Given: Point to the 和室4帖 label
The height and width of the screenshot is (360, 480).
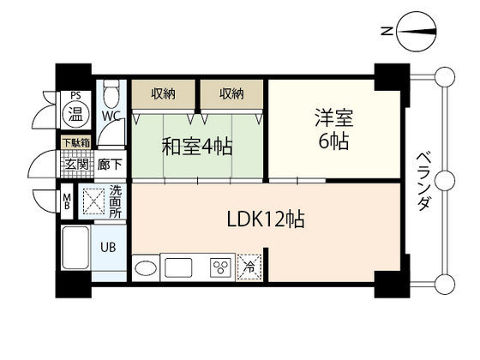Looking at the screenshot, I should pos(196,145).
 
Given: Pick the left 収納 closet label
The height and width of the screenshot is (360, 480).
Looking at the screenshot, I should pos(165,92).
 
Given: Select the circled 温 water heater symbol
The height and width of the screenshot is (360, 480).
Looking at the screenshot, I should pos(75,114).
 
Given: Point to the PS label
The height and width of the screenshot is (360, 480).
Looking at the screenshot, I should pos(75,96).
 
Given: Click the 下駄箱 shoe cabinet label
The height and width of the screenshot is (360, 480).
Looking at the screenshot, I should pos(75,143).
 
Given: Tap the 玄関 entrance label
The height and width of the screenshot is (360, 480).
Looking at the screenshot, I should pos(75,162).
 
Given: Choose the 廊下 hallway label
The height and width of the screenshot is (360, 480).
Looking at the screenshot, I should pos(110,162).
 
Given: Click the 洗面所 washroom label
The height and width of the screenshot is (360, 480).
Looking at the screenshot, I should pos(115,200).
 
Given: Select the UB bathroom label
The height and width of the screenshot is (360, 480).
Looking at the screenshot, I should pos(109,247).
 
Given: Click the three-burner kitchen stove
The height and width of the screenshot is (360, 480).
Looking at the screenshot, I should pos(219,266).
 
